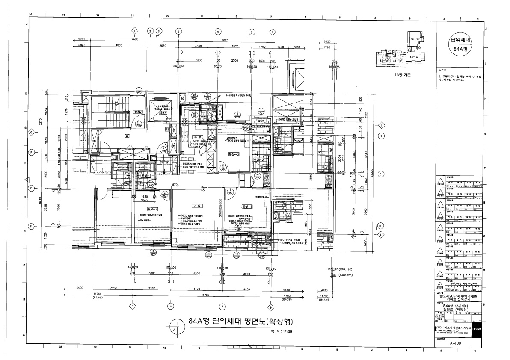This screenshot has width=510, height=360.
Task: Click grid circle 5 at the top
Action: pyautogui.click(x=178, y=31)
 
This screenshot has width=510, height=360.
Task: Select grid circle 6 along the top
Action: pyautogui.click(x=217, y=31)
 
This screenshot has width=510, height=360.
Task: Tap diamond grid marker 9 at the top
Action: pyautogui.click(x=272, y=31)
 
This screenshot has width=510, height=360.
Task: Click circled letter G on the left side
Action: pyautogui.click(x=31, y=133)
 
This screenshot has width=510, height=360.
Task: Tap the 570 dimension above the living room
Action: pyautogui.click(x=175, y=185)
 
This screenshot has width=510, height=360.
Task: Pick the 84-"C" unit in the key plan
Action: pyautogui.click(x=414, y=39)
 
